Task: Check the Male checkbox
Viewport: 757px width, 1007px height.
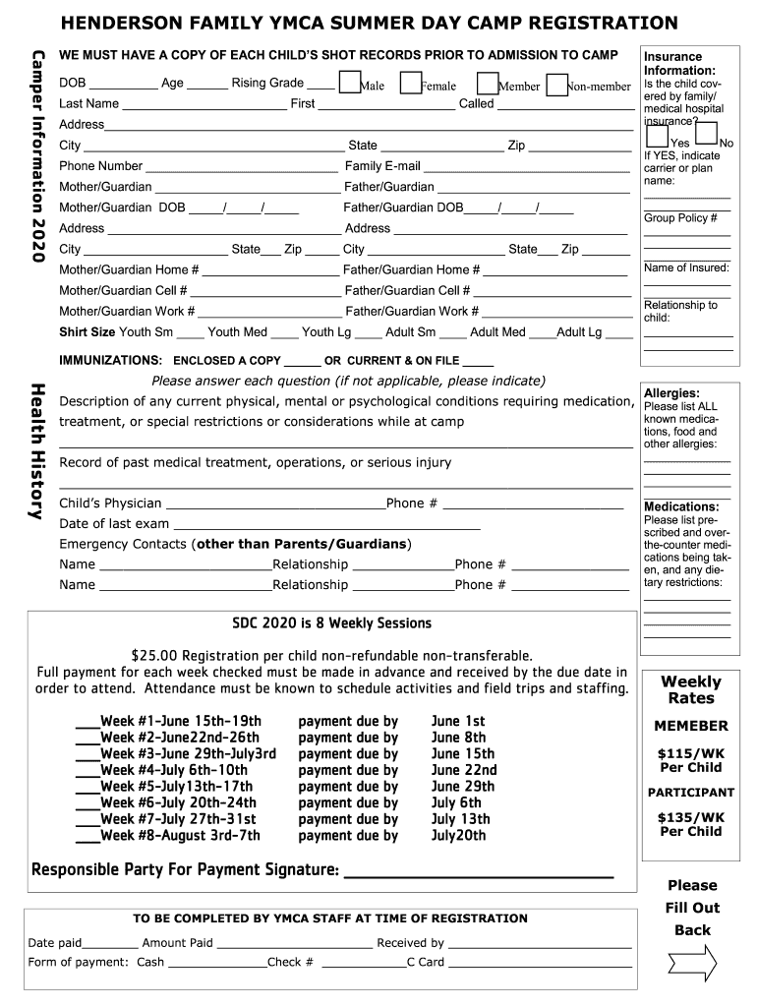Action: (348, 84)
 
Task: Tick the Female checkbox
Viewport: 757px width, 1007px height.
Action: (412, 84)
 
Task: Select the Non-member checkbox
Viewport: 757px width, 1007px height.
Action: (556, 84)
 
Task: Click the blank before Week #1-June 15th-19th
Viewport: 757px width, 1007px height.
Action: (87, 722)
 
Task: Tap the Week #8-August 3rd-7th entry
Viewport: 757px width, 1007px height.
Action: (180, 836)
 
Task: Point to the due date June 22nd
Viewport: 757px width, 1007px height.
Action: (464, 770)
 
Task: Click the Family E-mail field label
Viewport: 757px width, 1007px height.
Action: (382, 166)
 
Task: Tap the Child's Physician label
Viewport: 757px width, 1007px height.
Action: (110, 503)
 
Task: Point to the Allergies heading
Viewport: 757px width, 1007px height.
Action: (671, 392)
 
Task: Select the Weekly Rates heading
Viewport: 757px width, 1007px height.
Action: (690, 689)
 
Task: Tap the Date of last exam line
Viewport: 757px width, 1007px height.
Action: (324, 524)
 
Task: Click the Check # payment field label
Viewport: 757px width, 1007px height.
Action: (290, 963)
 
